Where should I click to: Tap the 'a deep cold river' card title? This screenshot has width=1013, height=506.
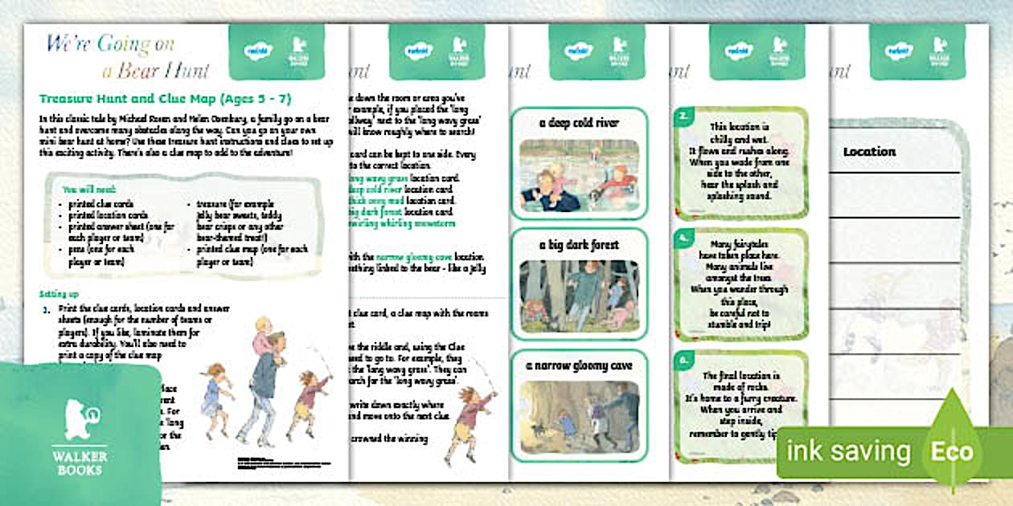579,123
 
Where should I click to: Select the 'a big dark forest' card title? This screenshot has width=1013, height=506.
579,244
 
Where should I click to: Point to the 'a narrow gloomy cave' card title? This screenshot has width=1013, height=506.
579,365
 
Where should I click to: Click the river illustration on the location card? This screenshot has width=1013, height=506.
579,176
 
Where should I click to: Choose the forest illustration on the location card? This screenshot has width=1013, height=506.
579,296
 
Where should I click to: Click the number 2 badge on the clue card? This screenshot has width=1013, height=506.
683,116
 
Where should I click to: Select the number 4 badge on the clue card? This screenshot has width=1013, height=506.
683,238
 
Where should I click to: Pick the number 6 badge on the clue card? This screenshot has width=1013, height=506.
683,361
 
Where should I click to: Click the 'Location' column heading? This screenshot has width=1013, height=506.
869,152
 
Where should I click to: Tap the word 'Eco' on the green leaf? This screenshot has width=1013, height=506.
952,451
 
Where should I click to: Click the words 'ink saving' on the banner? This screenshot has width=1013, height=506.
848,452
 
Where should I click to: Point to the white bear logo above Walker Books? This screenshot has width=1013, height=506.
80,418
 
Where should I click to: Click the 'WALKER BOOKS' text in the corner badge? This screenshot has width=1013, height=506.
80,461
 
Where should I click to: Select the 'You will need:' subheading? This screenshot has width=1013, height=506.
89,189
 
